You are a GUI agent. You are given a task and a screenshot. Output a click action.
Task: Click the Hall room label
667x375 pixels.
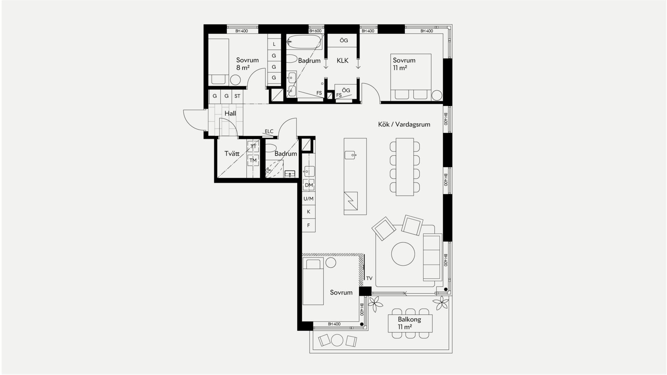click(x=230, y=114)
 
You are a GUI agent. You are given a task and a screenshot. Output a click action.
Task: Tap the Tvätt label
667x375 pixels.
click(x=232, y=153)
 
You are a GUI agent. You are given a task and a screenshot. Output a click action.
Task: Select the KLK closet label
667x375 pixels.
click(x=343, y=61)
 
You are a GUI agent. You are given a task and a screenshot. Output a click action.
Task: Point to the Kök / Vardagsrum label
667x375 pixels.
click(x=404, y=124)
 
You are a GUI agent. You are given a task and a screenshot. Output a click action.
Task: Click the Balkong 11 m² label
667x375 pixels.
click(x=410, y=323)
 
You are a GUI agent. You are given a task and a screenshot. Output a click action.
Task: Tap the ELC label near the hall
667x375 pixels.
click(x=269, y=131)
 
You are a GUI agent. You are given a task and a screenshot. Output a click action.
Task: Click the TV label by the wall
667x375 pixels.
click(x=369, y=278)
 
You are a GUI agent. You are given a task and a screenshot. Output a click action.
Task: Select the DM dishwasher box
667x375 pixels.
click(x=309, y=185)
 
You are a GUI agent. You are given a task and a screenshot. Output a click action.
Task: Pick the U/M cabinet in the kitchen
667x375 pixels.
click(x=308, y=199)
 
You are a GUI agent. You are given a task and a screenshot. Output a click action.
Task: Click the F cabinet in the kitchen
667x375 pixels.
click(x=308, y=225)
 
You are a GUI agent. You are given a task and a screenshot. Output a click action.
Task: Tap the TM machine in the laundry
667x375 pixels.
click(x=253, y=160)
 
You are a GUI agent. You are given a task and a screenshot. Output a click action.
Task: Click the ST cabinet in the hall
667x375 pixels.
click(x=237, y=96)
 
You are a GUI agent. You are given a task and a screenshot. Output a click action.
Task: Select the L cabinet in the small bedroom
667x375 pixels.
click(x=274, y=44)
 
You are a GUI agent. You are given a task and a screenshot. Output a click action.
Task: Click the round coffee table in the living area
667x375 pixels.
click(x=403, y=254)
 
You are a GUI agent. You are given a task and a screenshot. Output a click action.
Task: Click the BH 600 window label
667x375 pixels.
click(x=315, y=31)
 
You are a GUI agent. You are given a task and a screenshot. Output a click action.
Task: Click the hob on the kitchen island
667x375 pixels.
click(x=351, y=201)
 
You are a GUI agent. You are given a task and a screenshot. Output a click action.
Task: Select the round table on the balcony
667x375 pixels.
click(x=337, y=340)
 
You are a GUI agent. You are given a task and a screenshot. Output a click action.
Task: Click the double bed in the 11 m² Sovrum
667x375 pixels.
click(x=411, y=77)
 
